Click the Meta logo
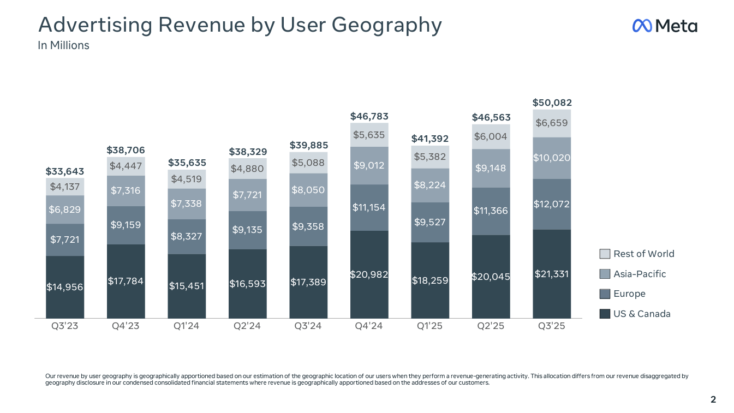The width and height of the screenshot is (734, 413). point(664,26)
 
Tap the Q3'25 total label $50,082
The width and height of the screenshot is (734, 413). point(552,103)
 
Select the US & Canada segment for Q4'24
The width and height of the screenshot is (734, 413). point(369,274)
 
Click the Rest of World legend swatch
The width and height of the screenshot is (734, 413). point(605,254)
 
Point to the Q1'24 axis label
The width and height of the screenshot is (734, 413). point(187,326)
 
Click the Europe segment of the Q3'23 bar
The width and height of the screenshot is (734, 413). point(65,240)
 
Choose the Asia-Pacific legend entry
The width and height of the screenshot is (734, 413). point(640,274)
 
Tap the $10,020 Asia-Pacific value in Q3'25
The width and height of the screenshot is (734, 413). point(552,158)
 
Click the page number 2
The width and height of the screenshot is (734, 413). point(713,400)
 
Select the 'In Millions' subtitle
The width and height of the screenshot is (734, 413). point(63,45)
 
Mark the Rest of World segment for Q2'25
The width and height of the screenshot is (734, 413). point(491,136)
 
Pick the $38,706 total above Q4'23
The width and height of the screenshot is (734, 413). point(126,149)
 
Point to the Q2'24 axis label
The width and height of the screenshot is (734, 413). point(248,326)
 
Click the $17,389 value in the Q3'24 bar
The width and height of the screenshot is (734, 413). point(308,282)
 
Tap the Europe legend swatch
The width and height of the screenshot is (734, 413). point(605,294)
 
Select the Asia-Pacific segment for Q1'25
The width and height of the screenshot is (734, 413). point(430,185)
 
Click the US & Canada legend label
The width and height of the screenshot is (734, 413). point(642,314)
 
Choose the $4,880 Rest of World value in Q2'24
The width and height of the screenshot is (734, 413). point(248,169)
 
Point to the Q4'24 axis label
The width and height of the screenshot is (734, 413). point(369,326)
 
